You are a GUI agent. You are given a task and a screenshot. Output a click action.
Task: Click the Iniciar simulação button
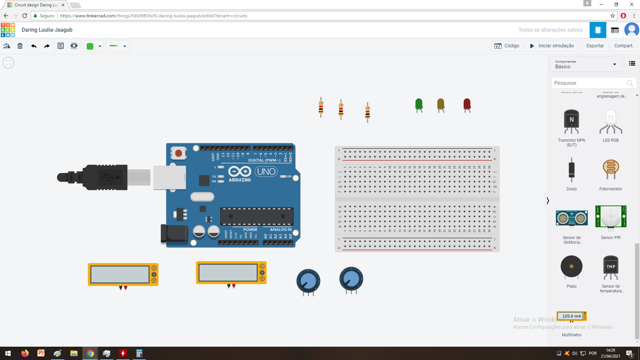[x=552, y=46]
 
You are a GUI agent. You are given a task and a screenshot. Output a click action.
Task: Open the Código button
[x=507, y=46]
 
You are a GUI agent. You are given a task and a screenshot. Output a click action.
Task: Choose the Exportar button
[x=595, y=46]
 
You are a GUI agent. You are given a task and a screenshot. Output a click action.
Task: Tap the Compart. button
[x=624, y=46]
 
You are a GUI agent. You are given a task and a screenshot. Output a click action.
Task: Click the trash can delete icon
[x=20, y=46]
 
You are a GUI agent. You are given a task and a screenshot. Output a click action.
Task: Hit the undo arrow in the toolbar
[x=34, y=46]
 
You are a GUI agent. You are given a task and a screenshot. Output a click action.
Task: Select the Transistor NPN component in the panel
[x=571, y=122]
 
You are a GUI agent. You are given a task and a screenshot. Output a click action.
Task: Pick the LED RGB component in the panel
[x=611, y=122]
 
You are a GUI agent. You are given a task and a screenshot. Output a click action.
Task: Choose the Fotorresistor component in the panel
[x=611, y=169]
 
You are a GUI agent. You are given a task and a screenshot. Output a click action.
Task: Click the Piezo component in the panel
[x=571, y=267]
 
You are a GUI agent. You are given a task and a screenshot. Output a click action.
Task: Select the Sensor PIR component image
[x=611, y=217]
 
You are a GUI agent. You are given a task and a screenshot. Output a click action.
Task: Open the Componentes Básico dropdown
[x=586, y=64]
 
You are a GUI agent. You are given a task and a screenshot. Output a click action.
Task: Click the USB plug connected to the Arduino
[x=100, y=177]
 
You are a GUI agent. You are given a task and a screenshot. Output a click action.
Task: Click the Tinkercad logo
[x=8, y=30]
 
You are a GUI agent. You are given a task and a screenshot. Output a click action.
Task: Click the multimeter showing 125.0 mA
[x=571, y=316]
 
